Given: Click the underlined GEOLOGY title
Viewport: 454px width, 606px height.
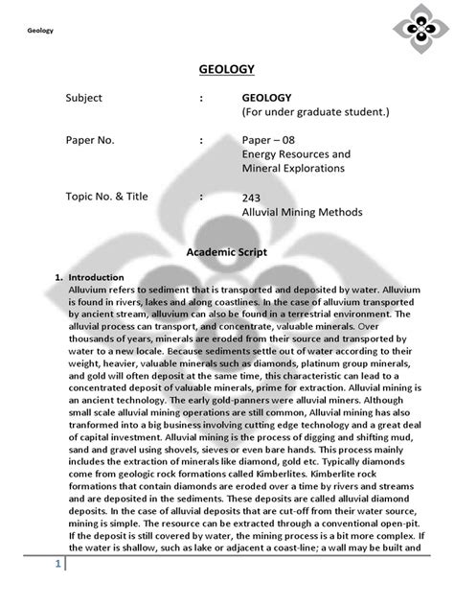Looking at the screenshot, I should (227, 70).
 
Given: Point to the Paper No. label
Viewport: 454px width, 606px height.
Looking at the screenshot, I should (90, 140).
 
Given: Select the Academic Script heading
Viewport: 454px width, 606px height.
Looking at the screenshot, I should (226, 252).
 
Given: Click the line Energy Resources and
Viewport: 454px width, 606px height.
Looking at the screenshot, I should (296, 153).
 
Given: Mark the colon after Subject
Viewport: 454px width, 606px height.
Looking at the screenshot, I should (202, 98).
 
